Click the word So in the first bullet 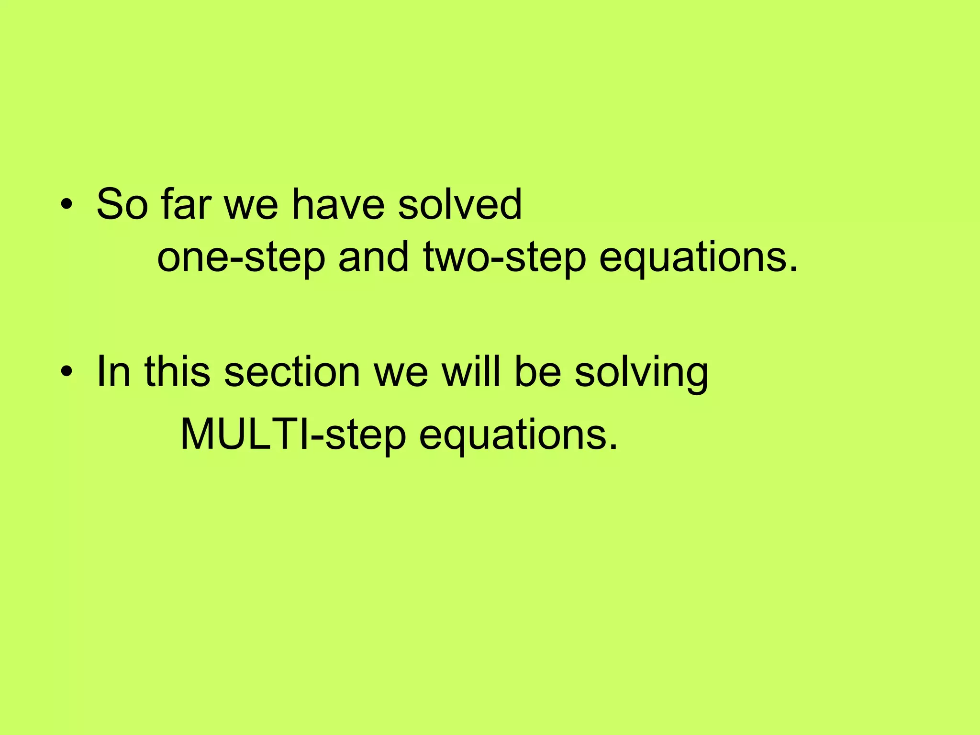[122, 204]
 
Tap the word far [186, 204]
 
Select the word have [338, 204]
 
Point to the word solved [460, 204]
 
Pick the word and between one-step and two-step [374, 257]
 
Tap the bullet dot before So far [67, 204]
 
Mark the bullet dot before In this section [67, 372]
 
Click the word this [177, 372]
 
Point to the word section [292, 372]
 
